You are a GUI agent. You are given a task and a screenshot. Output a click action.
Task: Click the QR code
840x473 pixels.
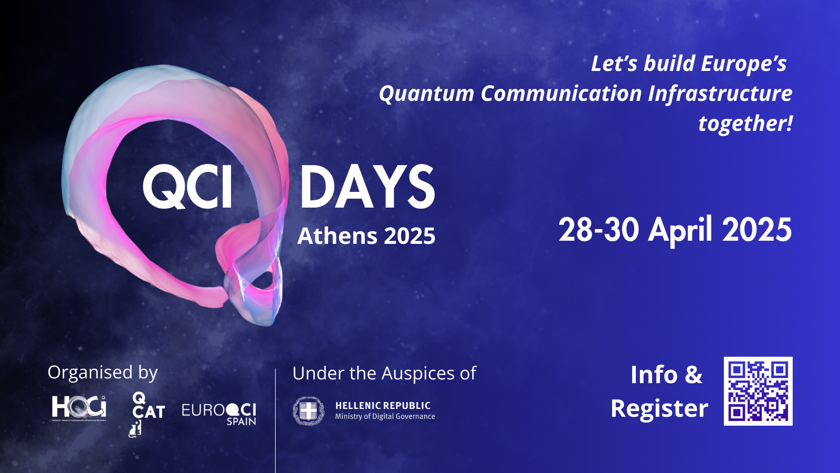(x=758, y=391)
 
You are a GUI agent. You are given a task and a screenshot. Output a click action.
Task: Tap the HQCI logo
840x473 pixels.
(x=79, y=407)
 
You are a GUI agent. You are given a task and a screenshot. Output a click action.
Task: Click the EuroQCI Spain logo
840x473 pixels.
(x=219, y=413)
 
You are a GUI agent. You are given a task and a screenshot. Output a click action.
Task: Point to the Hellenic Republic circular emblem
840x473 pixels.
(x=308, y=410)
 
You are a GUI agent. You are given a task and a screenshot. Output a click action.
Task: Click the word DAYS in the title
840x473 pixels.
(x=367, y=187)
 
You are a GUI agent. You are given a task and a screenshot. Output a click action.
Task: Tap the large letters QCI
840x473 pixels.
(x=188, y=187)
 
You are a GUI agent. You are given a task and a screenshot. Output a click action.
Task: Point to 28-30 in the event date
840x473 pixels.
(x=598, y=230)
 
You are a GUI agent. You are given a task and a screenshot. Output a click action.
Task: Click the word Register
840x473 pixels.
(x=659, y=408)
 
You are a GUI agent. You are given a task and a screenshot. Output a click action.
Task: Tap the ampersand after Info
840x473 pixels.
(x=693, y=375)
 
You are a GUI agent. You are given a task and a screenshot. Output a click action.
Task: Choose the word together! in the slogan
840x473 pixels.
(x=745, y=124)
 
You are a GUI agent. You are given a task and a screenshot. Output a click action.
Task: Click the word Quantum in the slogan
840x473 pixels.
(x=426, y=94)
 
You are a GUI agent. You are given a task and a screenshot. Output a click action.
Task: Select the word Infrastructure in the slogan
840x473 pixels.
(x=720, y=94)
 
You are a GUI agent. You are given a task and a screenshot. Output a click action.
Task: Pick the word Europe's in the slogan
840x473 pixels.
(x=743, y=64)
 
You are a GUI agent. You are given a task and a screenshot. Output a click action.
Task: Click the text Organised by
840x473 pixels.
(x=102, y=373)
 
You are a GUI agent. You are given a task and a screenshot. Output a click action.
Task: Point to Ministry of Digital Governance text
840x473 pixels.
(x=385, y=416)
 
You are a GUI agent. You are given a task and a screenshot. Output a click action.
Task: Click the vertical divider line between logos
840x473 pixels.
(x=275, y=420)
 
